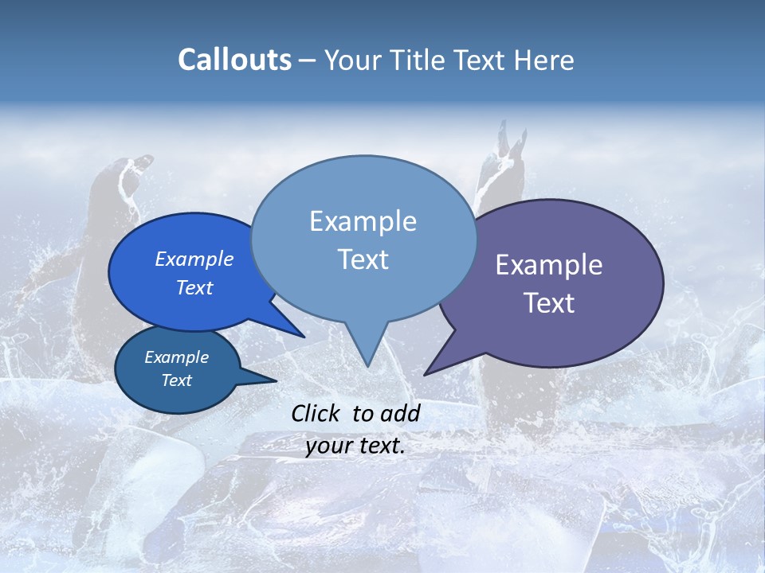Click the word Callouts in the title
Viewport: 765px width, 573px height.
click(234, 60)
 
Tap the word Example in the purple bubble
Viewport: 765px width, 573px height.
click(549, 265)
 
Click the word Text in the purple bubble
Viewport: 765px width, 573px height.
click(549, 303)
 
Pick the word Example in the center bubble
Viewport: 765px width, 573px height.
click(363, 221)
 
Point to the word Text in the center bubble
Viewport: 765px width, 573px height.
click(363, 259)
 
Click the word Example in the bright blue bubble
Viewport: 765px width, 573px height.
click(194, 259)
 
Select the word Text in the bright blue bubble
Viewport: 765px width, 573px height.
click(194, 287)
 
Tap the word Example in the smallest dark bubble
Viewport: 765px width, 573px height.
click(176, 357)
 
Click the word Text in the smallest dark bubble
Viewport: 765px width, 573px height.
click(176, 380)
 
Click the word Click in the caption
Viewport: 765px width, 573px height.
click(317, 413)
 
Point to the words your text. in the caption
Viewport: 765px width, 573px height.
click(355, 446)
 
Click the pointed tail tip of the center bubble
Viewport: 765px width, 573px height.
click(367, 365)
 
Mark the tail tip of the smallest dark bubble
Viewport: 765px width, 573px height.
click(276, 381)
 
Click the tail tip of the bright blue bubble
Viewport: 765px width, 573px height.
click(304, 337)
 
